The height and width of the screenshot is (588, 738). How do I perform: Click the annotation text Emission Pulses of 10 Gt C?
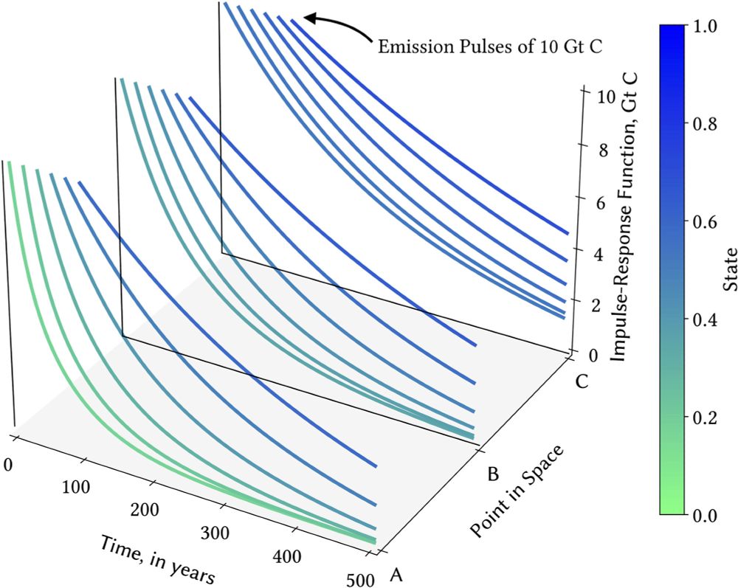tap(491, 47)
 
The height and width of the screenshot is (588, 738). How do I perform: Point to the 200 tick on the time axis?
tap(145, 511)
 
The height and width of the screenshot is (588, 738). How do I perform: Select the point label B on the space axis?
tap(493, 473)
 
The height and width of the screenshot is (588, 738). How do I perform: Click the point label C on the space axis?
tap(583, 384)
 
